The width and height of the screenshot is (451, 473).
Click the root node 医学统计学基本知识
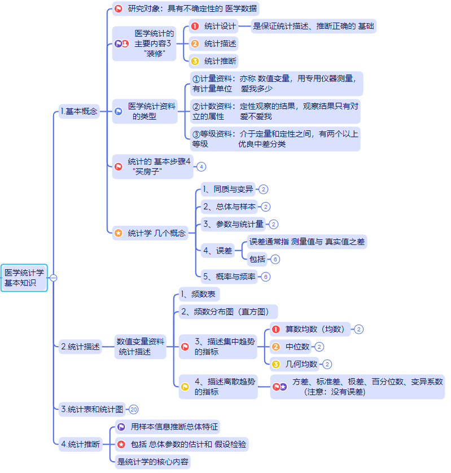(x=24, y=278)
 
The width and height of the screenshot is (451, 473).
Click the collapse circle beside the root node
(x=54, y=278)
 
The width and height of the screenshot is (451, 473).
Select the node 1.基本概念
(x=78, y=111)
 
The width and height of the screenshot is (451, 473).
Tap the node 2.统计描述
(x=80, y=347)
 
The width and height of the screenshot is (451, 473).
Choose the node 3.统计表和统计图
(x=91, y=409)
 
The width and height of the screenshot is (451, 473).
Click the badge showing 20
(x=133, y=409)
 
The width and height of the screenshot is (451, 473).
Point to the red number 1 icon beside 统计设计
(x=195, y=26)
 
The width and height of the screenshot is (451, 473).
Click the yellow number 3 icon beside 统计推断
(x=195, y=61)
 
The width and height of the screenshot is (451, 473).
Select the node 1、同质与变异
(x=228, y=189)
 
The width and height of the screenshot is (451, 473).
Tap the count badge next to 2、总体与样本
(x=266, y=207)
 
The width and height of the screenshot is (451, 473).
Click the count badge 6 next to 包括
(x=275, y=259)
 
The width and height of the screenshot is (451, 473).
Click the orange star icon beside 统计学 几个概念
(x=118, y=233)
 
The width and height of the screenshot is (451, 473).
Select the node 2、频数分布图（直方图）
(x=227, y=311)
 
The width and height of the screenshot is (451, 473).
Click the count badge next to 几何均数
(x=327, y=364)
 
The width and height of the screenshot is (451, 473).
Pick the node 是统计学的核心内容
(x=152, y=462)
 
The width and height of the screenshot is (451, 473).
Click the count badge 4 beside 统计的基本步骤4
(x=201, y=167)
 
